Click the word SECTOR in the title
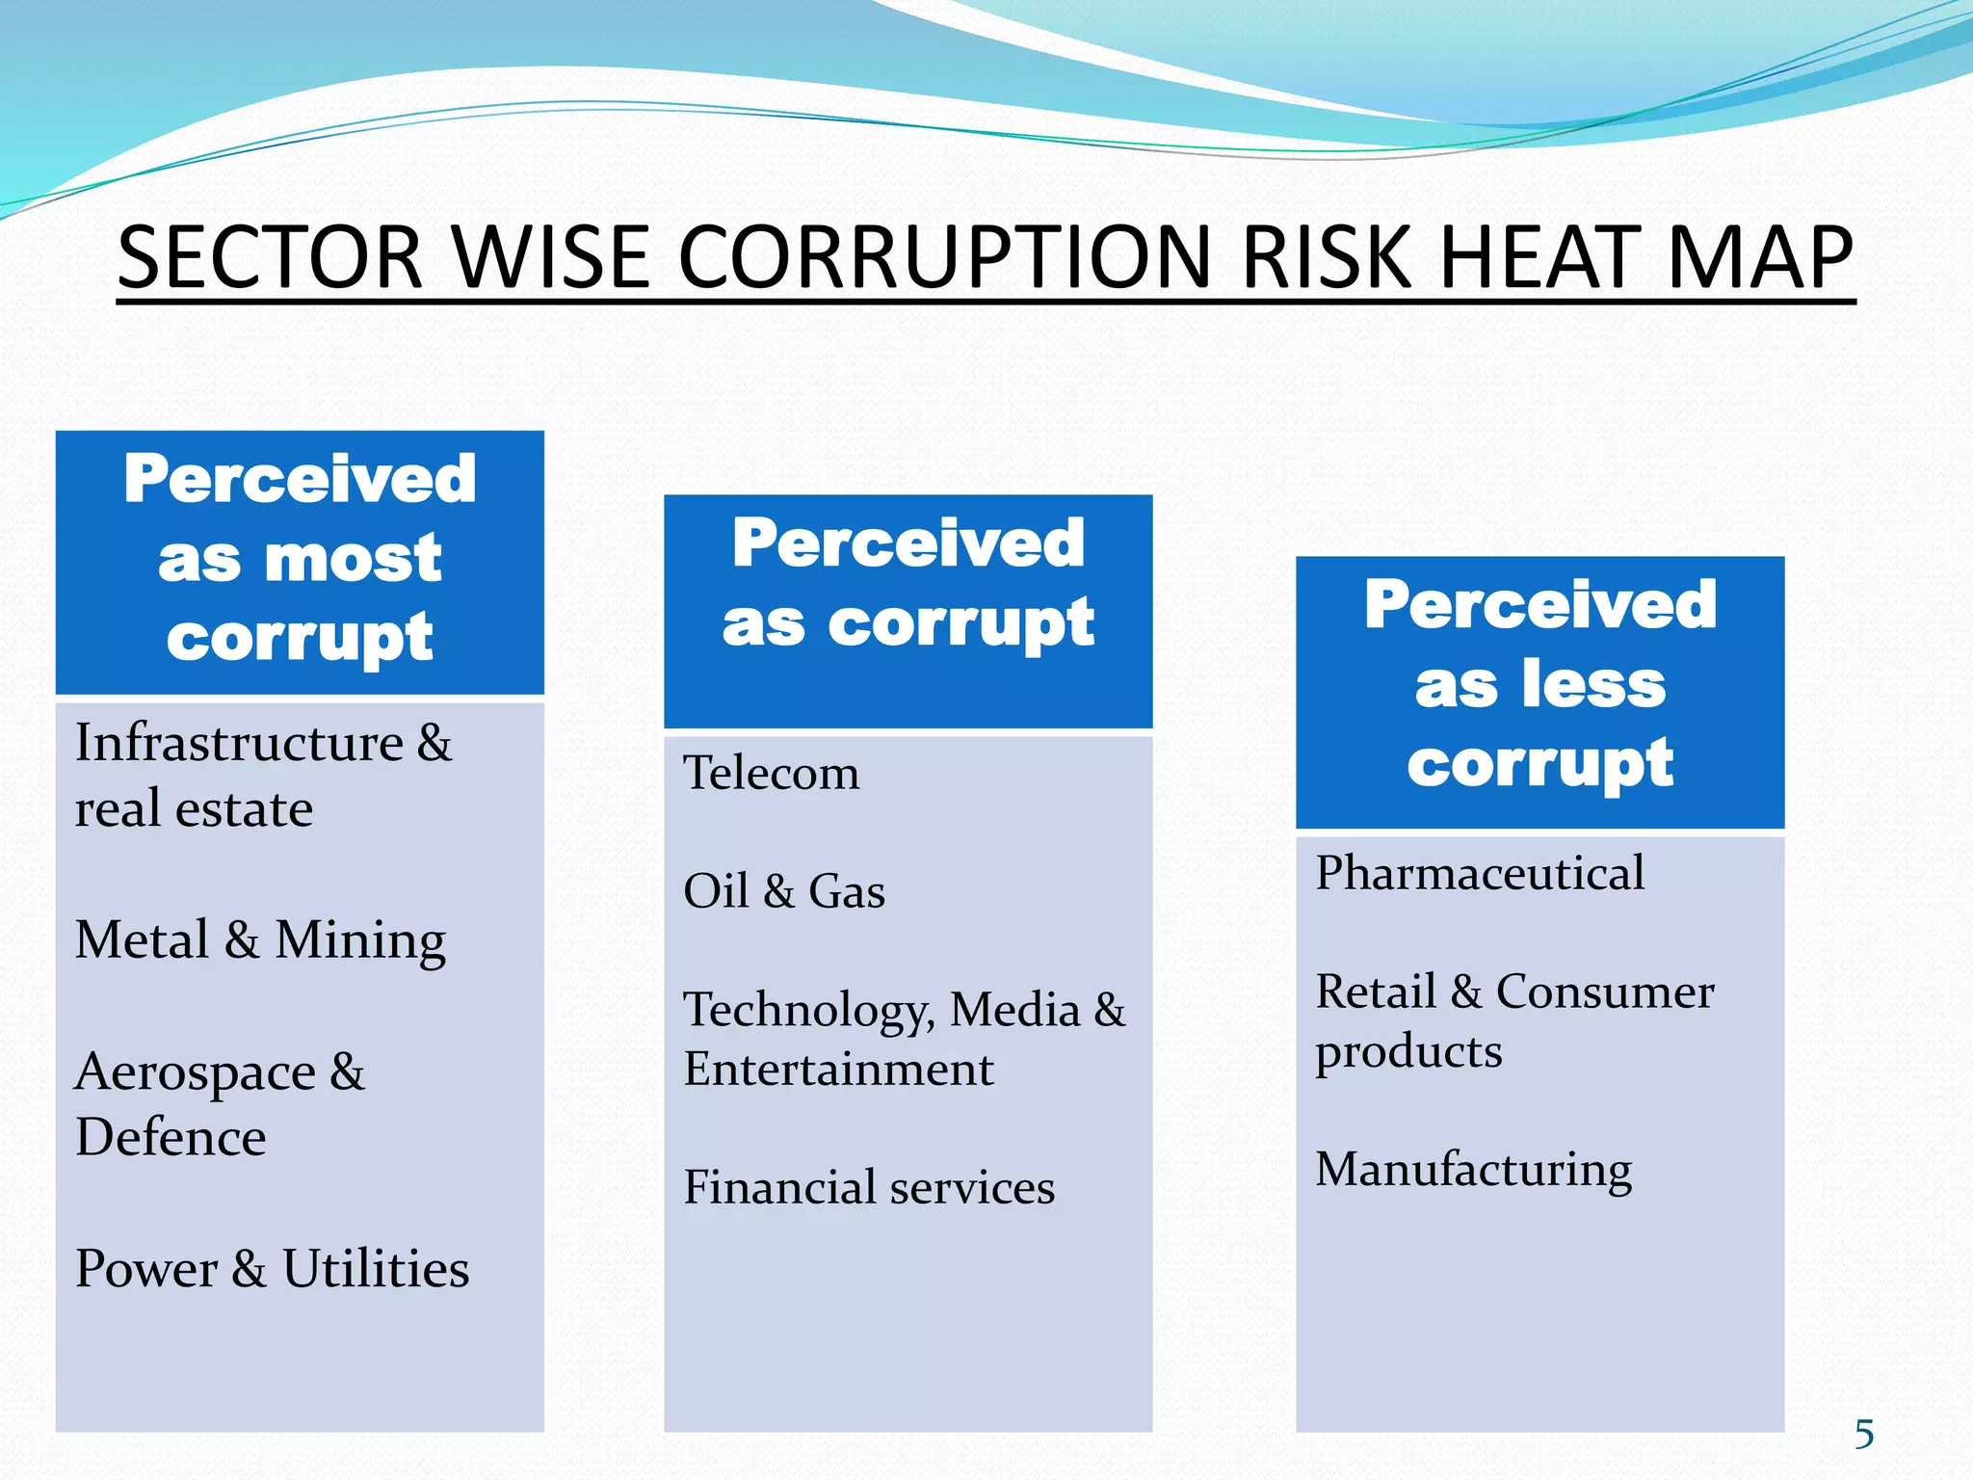click(270, 257)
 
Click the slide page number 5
click(1864, 1434)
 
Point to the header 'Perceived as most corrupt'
click(300, 559)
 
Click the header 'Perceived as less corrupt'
click(1539, 685)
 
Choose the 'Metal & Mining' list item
click(260, 940)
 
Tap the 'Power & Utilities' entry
click(273, 1269)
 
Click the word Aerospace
click(195, 1072)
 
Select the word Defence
click(171, 1138)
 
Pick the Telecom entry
click(771, 773)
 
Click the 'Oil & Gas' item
click(784, 891)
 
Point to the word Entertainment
click(838, 1070)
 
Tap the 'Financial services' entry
click(869, 1187)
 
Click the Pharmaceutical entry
click(1480, 874)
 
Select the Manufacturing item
click(1474, 1170)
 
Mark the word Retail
click(1376, 991)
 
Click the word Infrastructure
click(239, 743)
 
